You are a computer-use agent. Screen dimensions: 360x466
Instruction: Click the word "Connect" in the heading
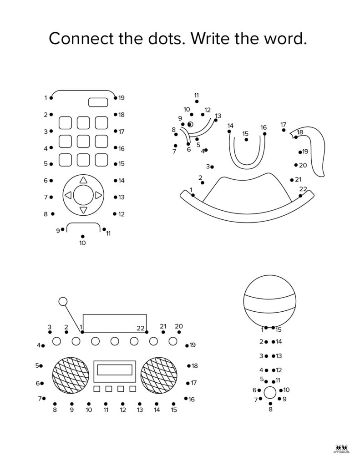coord(81,39)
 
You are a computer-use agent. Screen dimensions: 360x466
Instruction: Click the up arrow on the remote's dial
coord(84,180)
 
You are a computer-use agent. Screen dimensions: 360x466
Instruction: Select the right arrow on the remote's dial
coord(99,195)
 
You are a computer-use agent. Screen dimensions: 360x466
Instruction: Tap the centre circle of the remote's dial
coord(83,195)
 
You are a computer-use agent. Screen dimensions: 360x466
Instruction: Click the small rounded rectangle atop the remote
coord(98,102)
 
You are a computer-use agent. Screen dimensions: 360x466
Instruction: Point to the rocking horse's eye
coord(190,124)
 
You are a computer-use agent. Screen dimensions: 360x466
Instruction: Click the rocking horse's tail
coord(309,151)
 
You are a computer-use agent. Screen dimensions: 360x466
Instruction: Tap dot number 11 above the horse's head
coord(197,101)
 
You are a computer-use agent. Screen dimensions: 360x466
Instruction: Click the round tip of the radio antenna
coord(63,301)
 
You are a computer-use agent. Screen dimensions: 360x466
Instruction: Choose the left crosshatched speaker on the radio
coord(71,375)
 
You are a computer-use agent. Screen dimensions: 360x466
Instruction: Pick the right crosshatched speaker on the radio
coord(158,375)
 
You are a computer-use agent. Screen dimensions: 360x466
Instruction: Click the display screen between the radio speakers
coord(115,370)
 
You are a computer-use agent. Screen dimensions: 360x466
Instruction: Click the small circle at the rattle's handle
coord(270,392)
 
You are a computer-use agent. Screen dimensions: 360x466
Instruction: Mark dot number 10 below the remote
coord(83,236)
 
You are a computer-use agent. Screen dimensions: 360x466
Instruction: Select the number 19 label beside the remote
coord(121,98)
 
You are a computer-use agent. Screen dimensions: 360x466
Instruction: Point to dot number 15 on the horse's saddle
coord(246,140)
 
